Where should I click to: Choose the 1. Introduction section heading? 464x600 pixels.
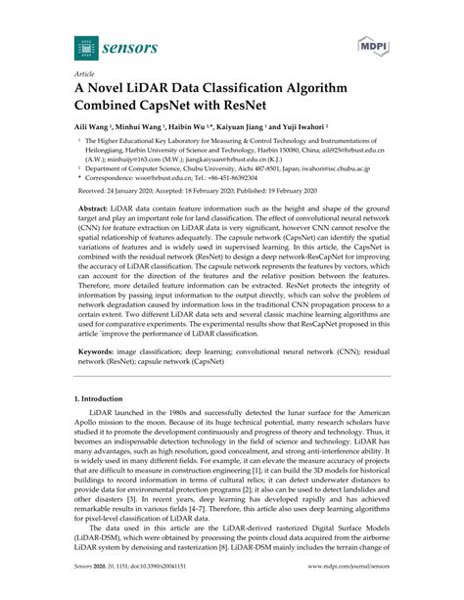(x=104, y=427)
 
